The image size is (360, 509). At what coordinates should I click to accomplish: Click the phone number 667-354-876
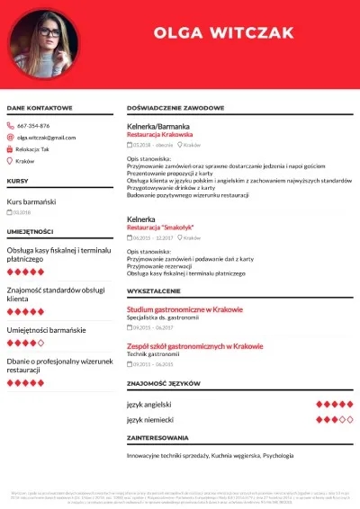tap(33, 126)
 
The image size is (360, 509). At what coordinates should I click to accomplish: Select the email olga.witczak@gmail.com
tap(47, 138)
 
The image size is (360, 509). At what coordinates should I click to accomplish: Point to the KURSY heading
tap(17, 182)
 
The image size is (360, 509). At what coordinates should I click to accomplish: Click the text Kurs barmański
tap(31, 201)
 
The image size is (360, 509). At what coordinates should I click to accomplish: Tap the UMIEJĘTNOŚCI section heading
tap(30, 231)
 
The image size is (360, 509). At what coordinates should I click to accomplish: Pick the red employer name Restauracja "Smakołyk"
tap(161, 228)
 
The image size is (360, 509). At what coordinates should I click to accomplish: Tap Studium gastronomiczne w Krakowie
tap(184, 309)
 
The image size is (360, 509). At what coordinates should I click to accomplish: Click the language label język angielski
tap(150, 405)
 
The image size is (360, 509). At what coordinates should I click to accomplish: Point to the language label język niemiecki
tap(150, 419)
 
